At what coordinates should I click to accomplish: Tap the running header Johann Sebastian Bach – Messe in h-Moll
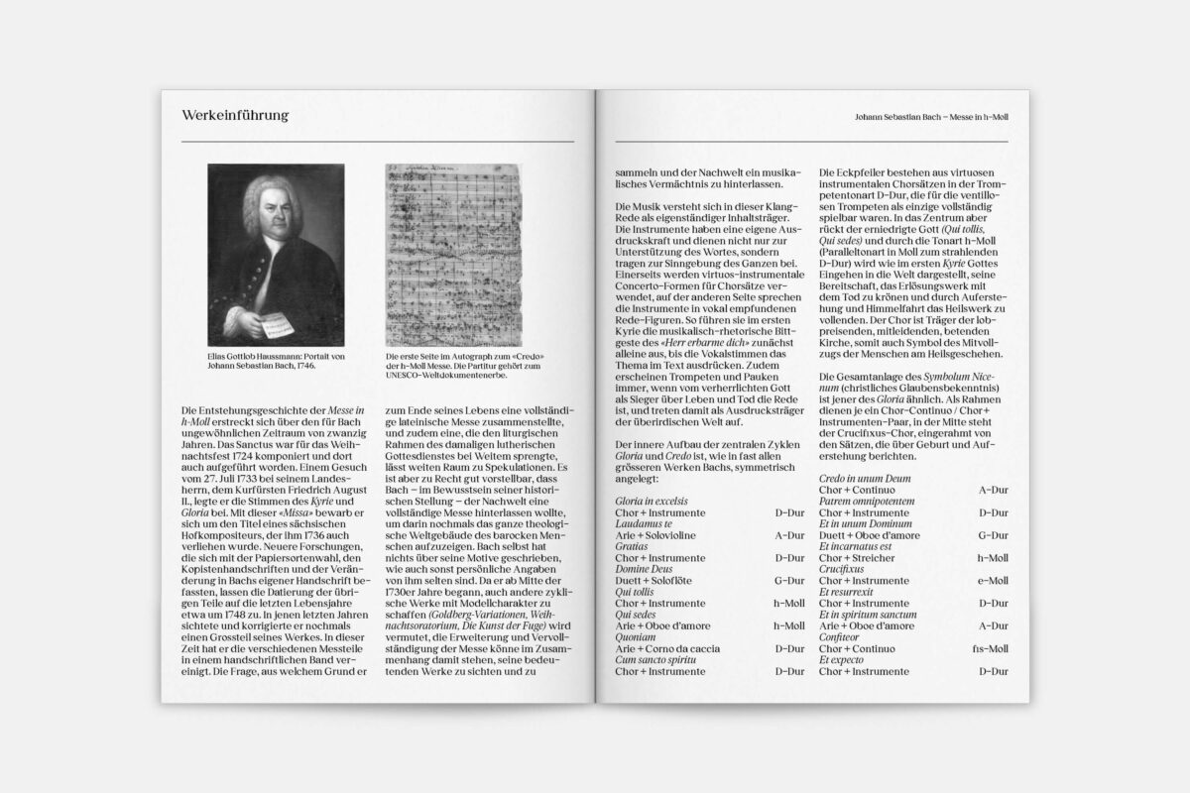[930, 117]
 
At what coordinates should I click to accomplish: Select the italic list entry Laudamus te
[645, 523]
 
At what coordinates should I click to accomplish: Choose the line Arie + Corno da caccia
[669, 646]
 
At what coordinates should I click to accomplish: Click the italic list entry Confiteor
[839, 636]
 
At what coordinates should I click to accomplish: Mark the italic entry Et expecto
[841, 659]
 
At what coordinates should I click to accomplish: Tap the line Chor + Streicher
[858, 557]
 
